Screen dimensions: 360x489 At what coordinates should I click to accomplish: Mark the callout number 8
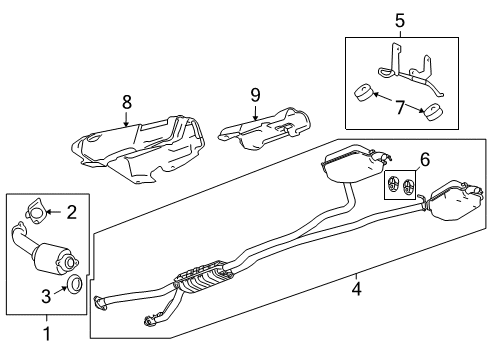pyautogui.click(x=125, y=101)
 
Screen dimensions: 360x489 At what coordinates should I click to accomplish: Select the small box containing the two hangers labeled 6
pyautogui.click(x=400, y=185)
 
